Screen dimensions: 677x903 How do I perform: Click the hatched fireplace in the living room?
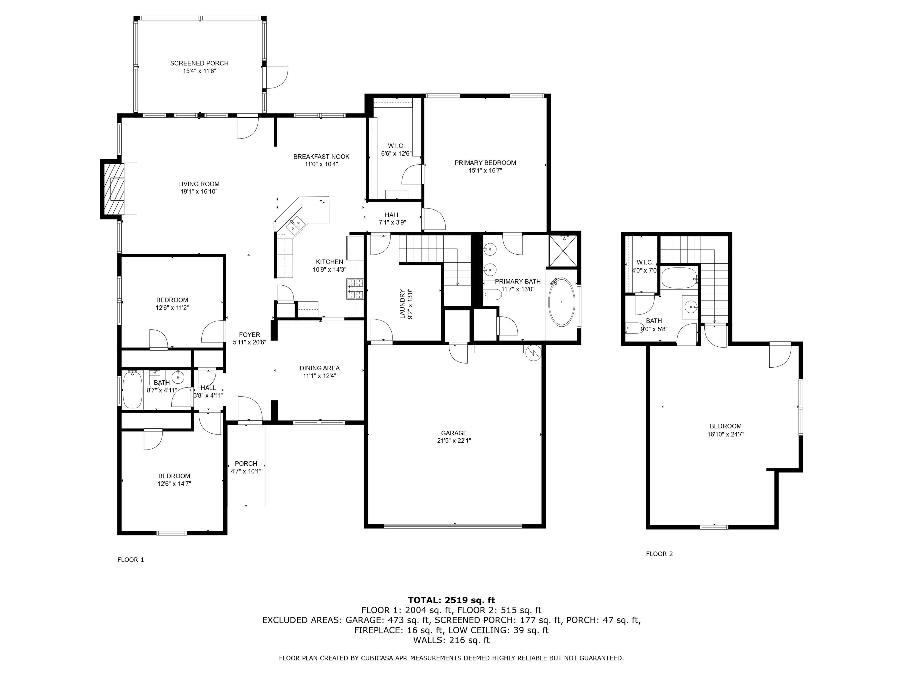click(x=113, y=189)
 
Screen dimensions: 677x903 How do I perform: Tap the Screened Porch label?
click(x=199, y=63)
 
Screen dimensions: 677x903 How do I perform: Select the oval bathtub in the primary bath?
click(x=562, y=302)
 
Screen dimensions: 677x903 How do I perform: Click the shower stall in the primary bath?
click(x=564, y=250)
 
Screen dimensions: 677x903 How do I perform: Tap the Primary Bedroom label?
click(x=485, y=163)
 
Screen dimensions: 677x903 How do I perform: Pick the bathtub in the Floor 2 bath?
click(x=678, y=278)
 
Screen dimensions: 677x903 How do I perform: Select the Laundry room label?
click(x=402, y=304)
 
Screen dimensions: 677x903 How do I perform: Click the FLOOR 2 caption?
click(x=659, y=554)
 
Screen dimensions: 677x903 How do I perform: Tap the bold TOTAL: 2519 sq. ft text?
click(x=451, y=600)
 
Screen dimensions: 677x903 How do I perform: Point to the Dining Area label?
click(x=319, y=368)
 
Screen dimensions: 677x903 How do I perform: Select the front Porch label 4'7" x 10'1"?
click(x=246, y=467)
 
